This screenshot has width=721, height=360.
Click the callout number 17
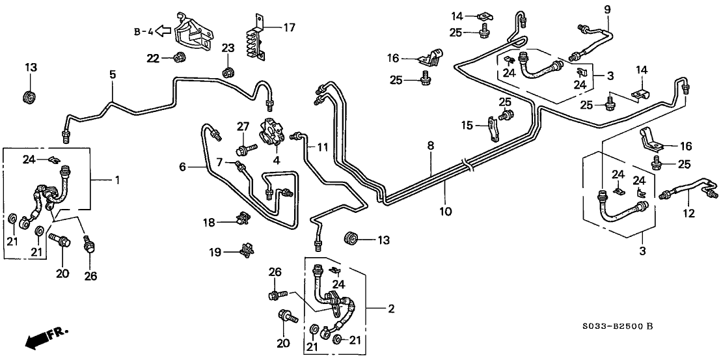click(288, 27)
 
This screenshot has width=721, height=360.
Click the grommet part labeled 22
click(178, 59)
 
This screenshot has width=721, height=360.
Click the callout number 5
click(113, 75)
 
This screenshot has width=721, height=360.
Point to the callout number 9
click(608, 9)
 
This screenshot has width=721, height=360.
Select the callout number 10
click(446, 212)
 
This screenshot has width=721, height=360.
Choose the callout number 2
click(391, 308)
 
